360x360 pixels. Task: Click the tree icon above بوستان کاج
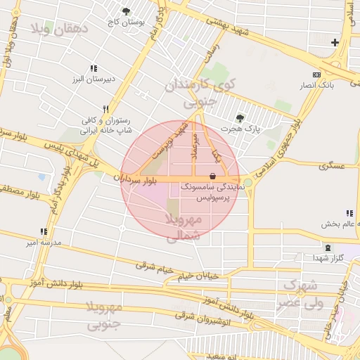coord(126,11)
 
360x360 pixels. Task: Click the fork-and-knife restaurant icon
coord(105,110)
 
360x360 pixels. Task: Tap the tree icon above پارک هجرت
coord(240,118)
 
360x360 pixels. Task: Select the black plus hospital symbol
coord(335,43)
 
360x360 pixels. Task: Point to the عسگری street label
coord(330,166)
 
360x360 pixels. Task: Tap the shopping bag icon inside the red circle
coord(213,175)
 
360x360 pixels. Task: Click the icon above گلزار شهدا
coord(329,247)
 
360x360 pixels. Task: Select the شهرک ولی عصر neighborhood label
coord(303,295)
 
